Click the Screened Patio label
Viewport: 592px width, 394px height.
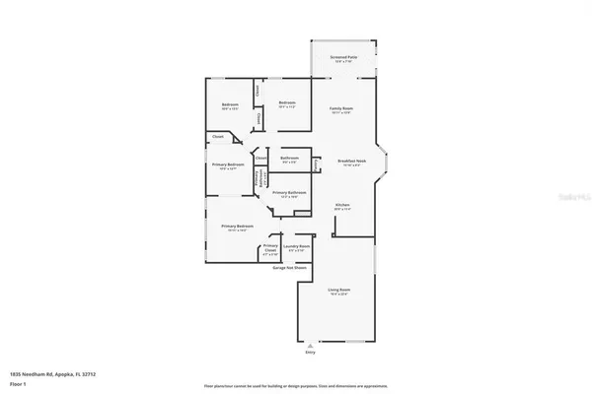pyautogui.click(x=342, y=58)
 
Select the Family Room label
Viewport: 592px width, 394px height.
pyautogui.click(x=341, y=108)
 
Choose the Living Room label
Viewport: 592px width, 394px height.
pyautogui.click(x=338, y=290)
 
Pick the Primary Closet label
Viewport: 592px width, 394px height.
pyautogui.click(x=270, y=247)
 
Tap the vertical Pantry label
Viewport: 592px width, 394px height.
pyautogui.click(x=316, y=164)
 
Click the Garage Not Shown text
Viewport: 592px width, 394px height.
pyautogui.click(x=289, y=267)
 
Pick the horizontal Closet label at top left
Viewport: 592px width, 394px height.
pyautogui.click(x=218, y=138)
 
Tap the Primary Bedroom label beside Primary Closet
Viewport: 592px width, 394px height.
pyautogui.click(x=238, y=227)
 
